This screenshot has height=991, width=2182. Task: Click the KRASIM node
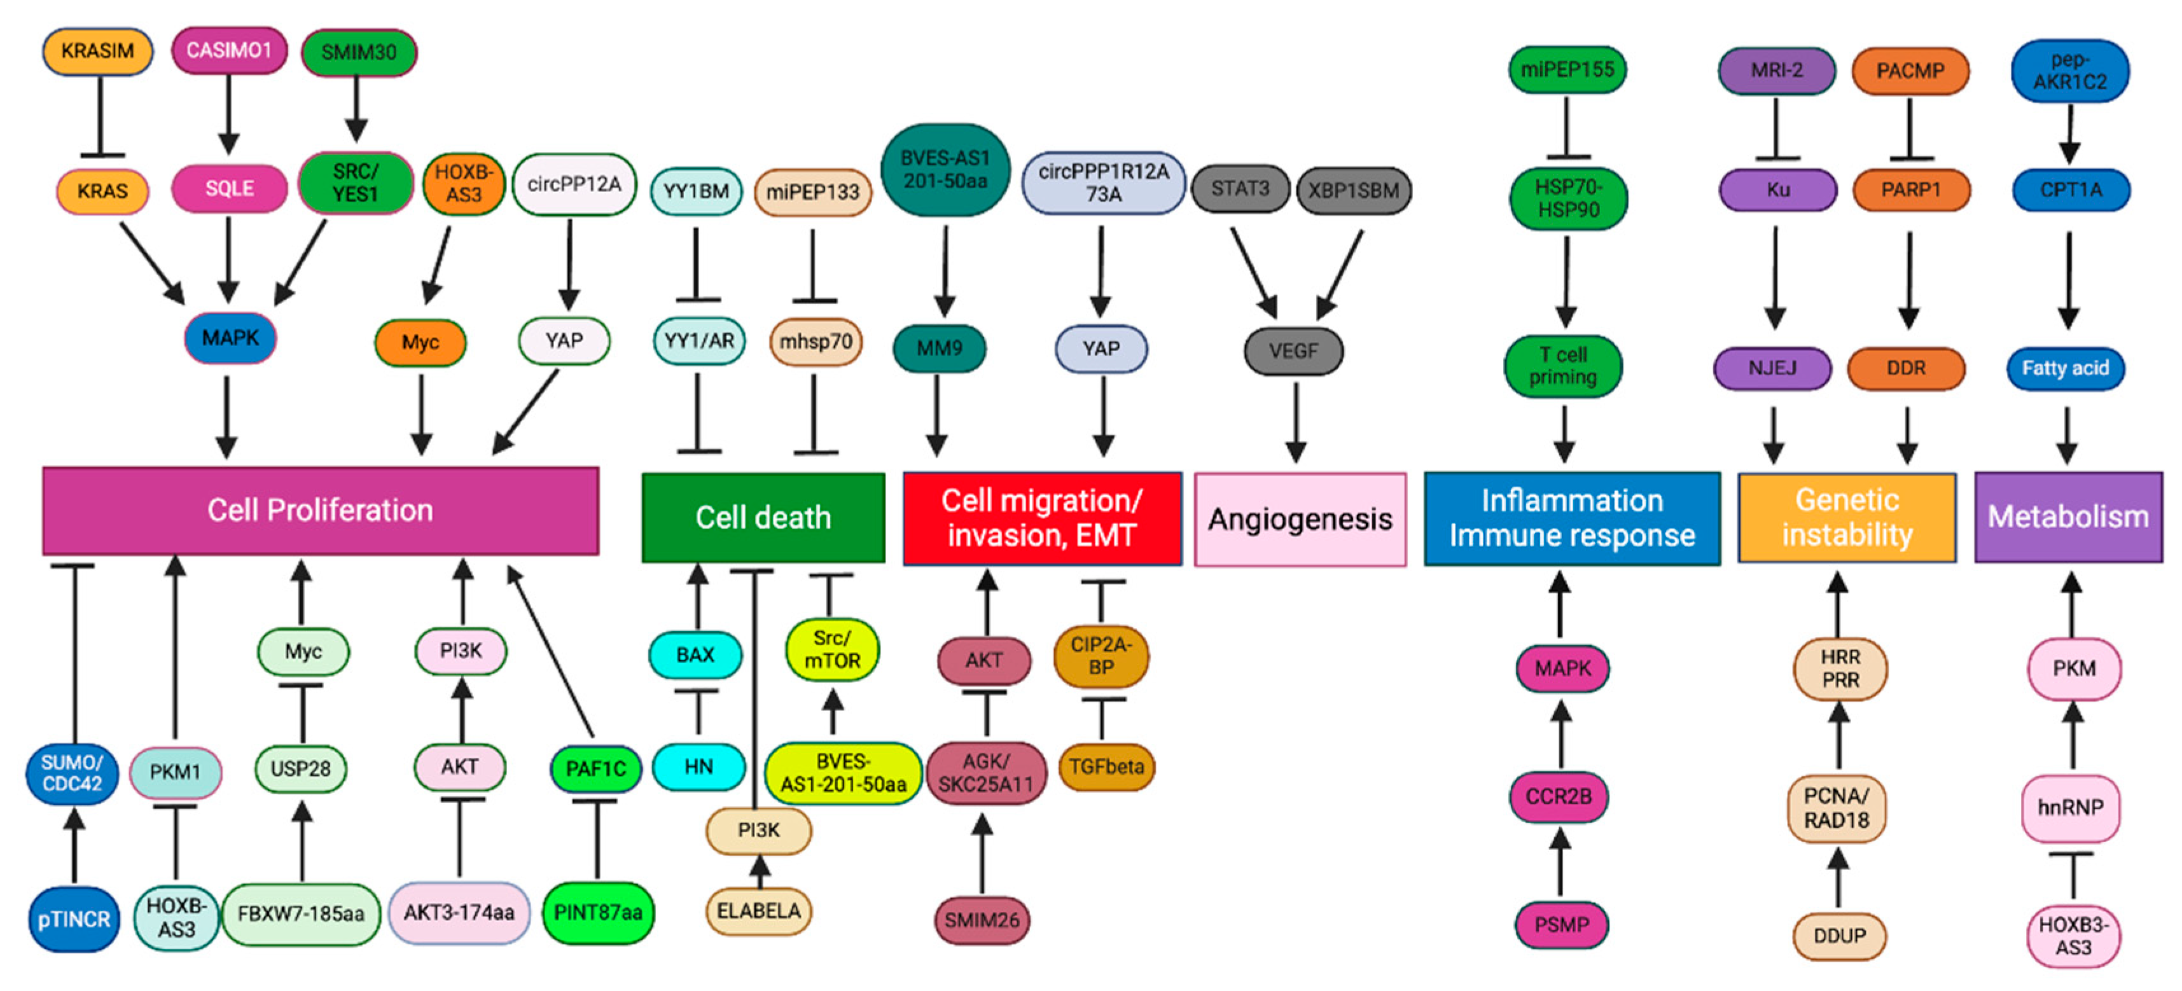click(97, 52)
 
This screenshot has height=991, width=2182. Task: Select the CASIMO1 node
click(229, 51)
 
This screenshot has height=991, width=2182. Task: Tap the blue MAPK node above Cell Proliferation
click(230, 338)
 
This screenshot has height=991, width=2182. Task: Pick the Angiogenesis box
click(1300, 519)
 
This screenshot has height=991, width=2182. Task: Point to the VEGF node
click(1293, 350)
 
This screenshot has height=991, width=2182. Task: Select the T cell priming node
click(1563, 366)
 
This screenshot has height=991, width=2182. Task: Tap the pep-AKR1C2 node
click(2069, 71)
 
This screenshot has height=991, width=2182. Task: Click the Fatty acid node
click(2065, 368)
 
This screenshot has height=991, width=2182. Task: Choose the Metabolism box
click(2067, 516)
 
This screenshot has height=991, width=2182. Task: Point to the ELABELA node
click(758, 911)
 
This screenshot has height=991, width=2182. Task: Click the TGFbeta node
click(1106, 767)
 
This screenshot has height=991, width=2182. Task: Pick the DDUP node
click(1839, 936)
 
